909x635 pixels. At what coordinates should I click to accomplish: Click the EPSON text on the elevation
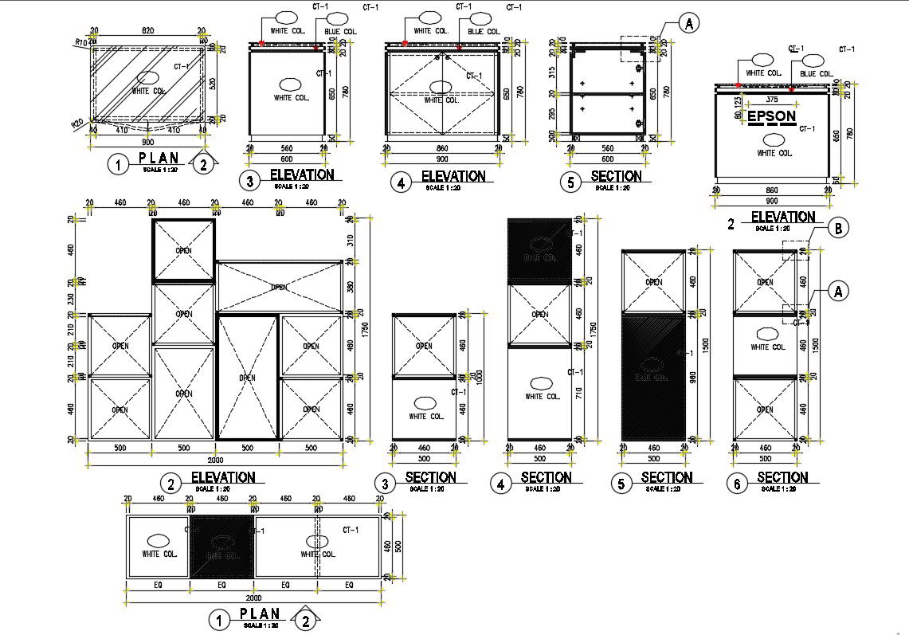click(770, 116)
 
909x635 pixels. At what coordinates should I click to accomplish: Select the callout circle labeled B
click(837, 228)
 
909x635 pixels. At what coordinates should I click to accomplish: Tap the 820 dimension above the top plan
click(147, 30)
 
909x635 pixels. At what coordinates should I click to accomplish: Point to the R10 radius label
click(80, 42)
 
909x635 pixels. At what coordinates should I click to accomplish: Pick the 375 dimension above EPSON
click(771, 100)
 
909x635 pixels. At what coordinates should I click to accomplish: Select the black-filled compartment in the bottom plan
click(221, 546)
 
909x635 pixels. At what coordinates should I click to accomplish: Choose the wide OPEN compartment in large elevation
click(279, 287)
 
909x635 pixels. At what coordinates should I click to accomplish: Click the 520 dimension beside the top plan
click(210, 83)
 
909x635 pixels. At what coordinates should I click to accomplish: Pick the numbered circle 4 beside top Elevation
click(400, 182)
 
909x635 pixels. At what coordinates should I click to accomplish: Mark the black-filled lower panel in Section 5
click(652, 376)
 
